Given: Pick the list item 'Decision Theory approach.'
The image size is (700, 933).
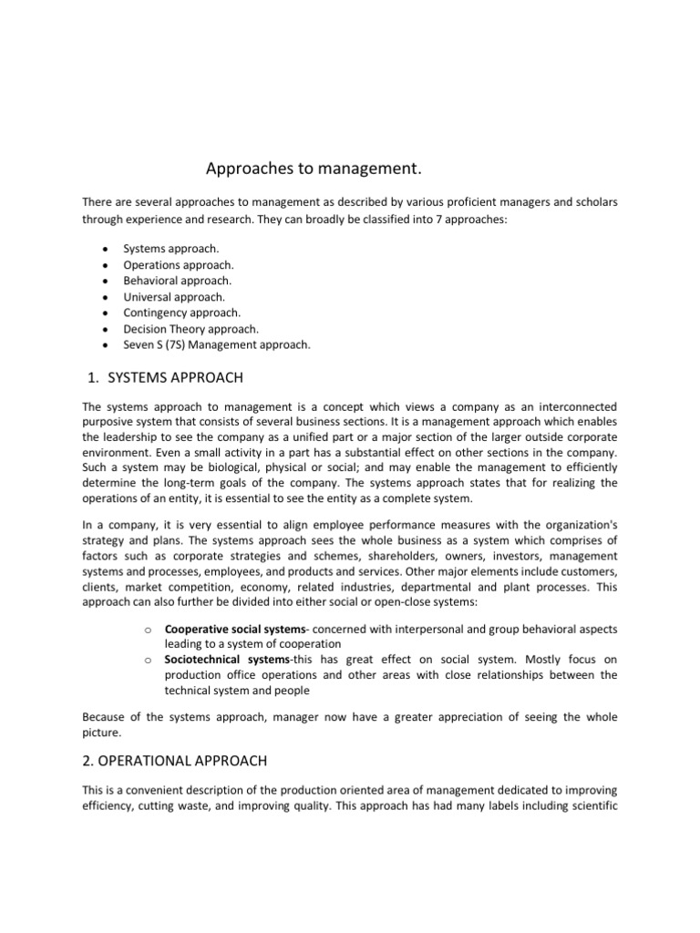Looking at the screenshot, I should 191,328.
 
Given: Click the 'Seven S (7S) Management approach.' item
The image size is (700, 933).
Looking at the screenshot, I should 217,344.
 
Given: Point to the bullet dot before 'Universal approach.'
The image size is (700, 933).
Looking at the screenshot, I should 107,297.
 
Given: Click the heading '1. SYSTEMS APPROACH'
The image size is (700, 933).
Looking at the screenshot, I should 163,377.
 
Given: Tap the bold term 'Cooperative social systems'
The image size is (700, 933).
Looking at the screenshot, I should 239,628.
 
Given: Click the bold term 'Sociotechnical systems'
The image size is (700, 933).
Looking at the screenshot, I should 227,659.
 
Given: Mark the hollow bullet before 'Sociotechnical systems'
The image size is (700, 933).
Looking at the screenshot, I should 147,660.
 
